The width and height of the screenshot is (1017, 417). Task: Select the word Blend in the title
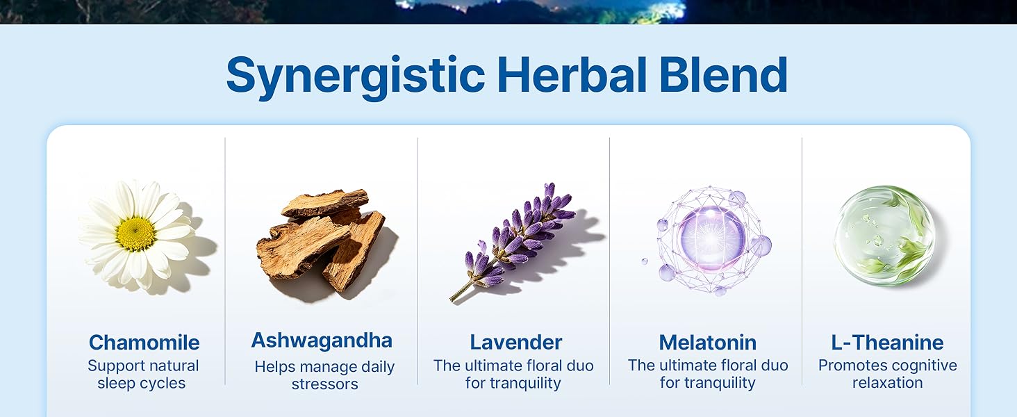coord(724,74)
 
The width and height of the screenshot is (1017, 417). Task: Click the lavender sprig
coord(513,240)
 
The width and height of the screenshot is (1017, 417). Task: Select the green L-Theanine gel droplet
coord(884,236)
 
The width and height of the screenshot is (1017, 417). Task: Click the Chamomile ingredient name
coord(144,343)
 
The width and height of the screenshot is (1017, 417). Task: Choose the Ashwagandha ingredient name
coord(322,341)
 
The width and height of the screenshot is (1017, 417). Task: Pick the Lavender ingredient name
coord(515,343)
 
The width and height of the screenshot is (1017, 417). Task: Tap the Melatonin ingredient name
coord(707,343)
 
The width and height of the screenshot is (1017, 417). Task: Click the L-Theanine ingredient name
coord(887,343)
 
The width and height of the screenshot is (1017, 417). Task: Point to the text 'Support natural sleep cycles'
coord(142,375)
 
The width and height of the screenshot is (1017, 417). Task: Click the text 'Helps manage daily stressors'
coord(324,375)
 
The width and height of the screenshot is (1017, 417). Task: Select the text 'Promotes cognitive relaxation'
coord(888,374)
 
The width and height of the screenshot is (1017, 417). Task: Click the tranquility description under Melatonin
coord(708,374)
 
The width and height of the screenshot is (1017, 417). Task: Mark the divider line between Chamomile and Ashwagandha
coord(225,261)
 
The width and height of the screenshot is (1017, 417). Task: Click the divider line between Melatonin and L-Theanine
coord(802,261)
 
